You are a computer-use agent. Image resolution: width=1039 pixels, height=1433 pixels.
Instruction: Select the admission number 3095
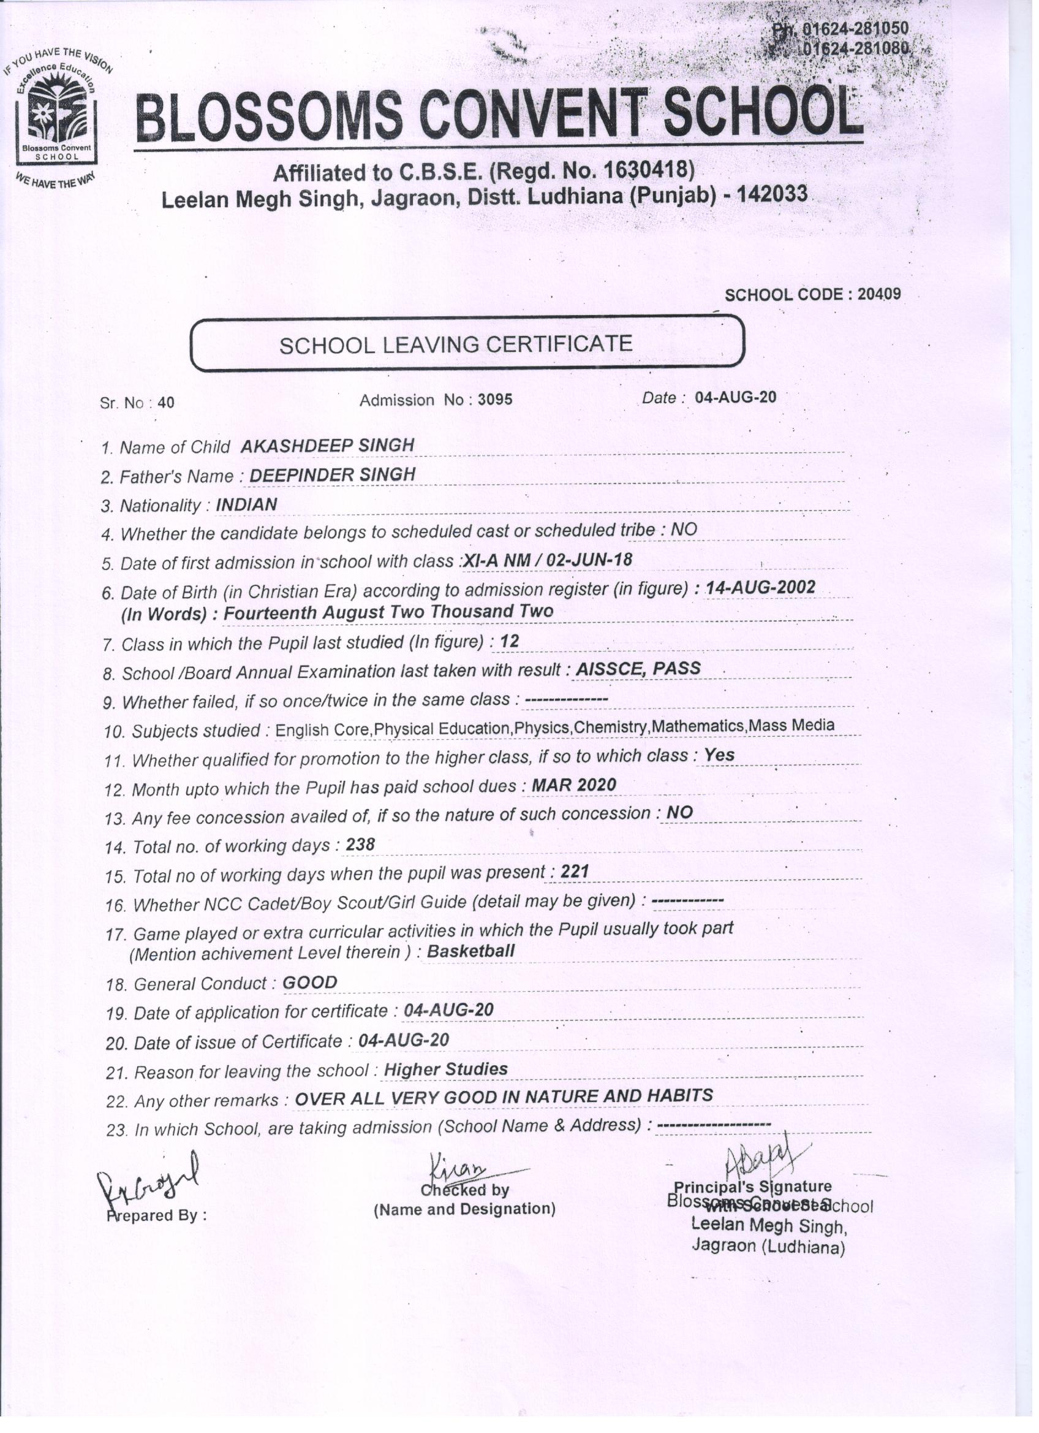495,400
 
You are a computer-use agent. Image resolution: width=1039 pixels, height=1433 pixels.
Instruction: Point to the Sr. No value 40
166,403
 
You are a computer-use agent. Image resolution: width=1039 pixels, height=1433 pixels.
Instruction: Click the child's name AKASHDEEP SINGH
327,446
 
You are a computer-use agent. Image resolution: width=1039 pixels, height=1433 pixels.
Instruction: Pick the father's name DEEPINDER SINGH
332,474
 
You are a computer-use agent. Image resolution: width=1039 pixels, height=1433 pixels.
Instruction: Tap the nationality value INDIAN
246,504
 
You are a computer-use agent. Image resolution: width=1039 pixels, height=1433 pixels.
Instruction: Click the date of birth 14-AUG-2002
760,588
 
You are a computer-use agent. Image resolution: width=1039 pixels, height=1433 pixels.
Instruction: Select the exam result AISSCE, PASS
638,669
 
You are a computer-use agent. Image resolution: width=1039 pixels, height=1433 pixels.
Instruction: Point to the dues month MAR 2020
573,785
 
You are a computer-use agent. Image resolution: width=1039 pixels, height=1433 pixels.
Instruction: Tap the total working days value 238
361,844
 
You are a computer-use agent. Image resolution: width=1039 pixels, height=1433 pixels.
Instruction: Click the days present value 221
575,872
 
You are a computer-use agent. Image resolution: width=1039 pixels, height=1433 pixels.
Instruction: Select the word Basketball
471,951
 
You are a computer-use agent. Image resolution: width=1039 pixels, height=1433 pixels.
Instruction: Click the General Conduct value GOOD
309,983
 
